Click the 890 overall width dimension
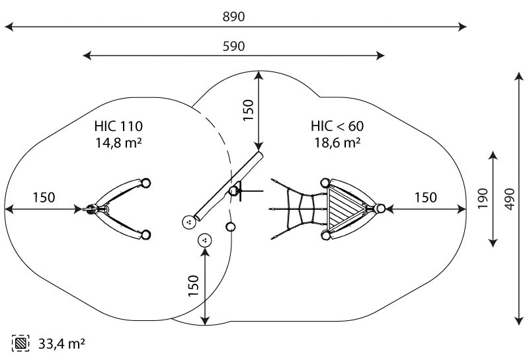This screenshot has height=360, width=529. coord(233,17)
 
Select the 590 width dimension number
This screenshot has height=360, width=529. coord(233,46)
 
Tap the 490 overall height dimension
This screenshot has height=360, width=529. coord(510,199)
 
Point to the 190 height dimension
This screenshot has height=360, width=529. coord(483,199)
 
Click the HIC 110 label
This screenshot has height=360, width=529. coord(118,126)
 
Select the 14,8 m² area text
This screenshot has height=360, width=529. coord(118,143)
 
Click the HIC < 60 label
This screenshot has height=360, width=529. coord(337,126)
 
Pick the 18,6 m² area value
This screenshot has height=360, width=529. coord(337,143)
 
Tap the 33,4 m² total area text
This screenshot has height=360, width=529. coord(61,344)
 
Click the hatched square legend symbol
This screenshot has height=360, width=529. coord(20,343)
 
